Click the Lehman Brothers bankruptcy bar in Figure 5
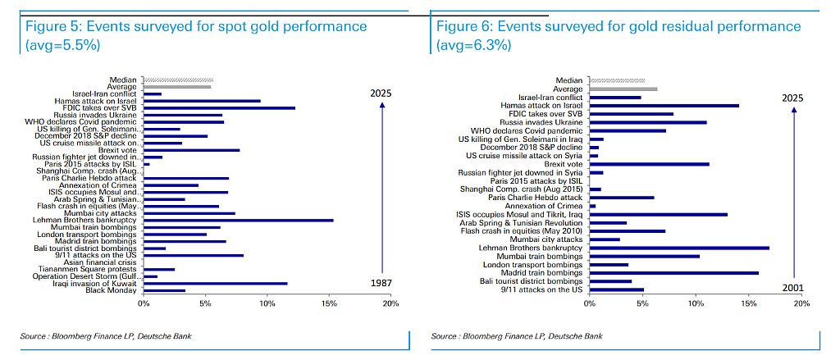[x=239, y=220]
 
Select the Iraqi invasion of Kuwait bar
[x=216, y=284]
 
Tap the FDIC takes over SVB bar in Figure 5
[x=219, y=107]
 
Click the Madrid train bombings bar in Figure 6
[x=674, y=273]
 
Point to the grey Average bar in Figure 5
[x=177, y=86]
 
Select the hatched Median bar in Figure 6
[x=617, y=80]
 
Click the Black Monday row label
[x=114, y=290]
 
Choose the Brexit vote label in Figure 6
[x=563, y=164]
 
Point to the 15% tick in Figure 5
[x=329, y=303]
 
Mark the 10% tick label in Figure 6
[x=696, y=303]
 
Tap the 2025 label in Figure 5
[x=381, y=93]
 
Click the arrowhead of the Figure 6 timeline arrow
[x=794, y=109]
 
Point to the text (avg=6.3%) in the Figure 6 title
[x=473, y=45]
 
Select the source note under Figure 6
[x=517, y=336]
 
